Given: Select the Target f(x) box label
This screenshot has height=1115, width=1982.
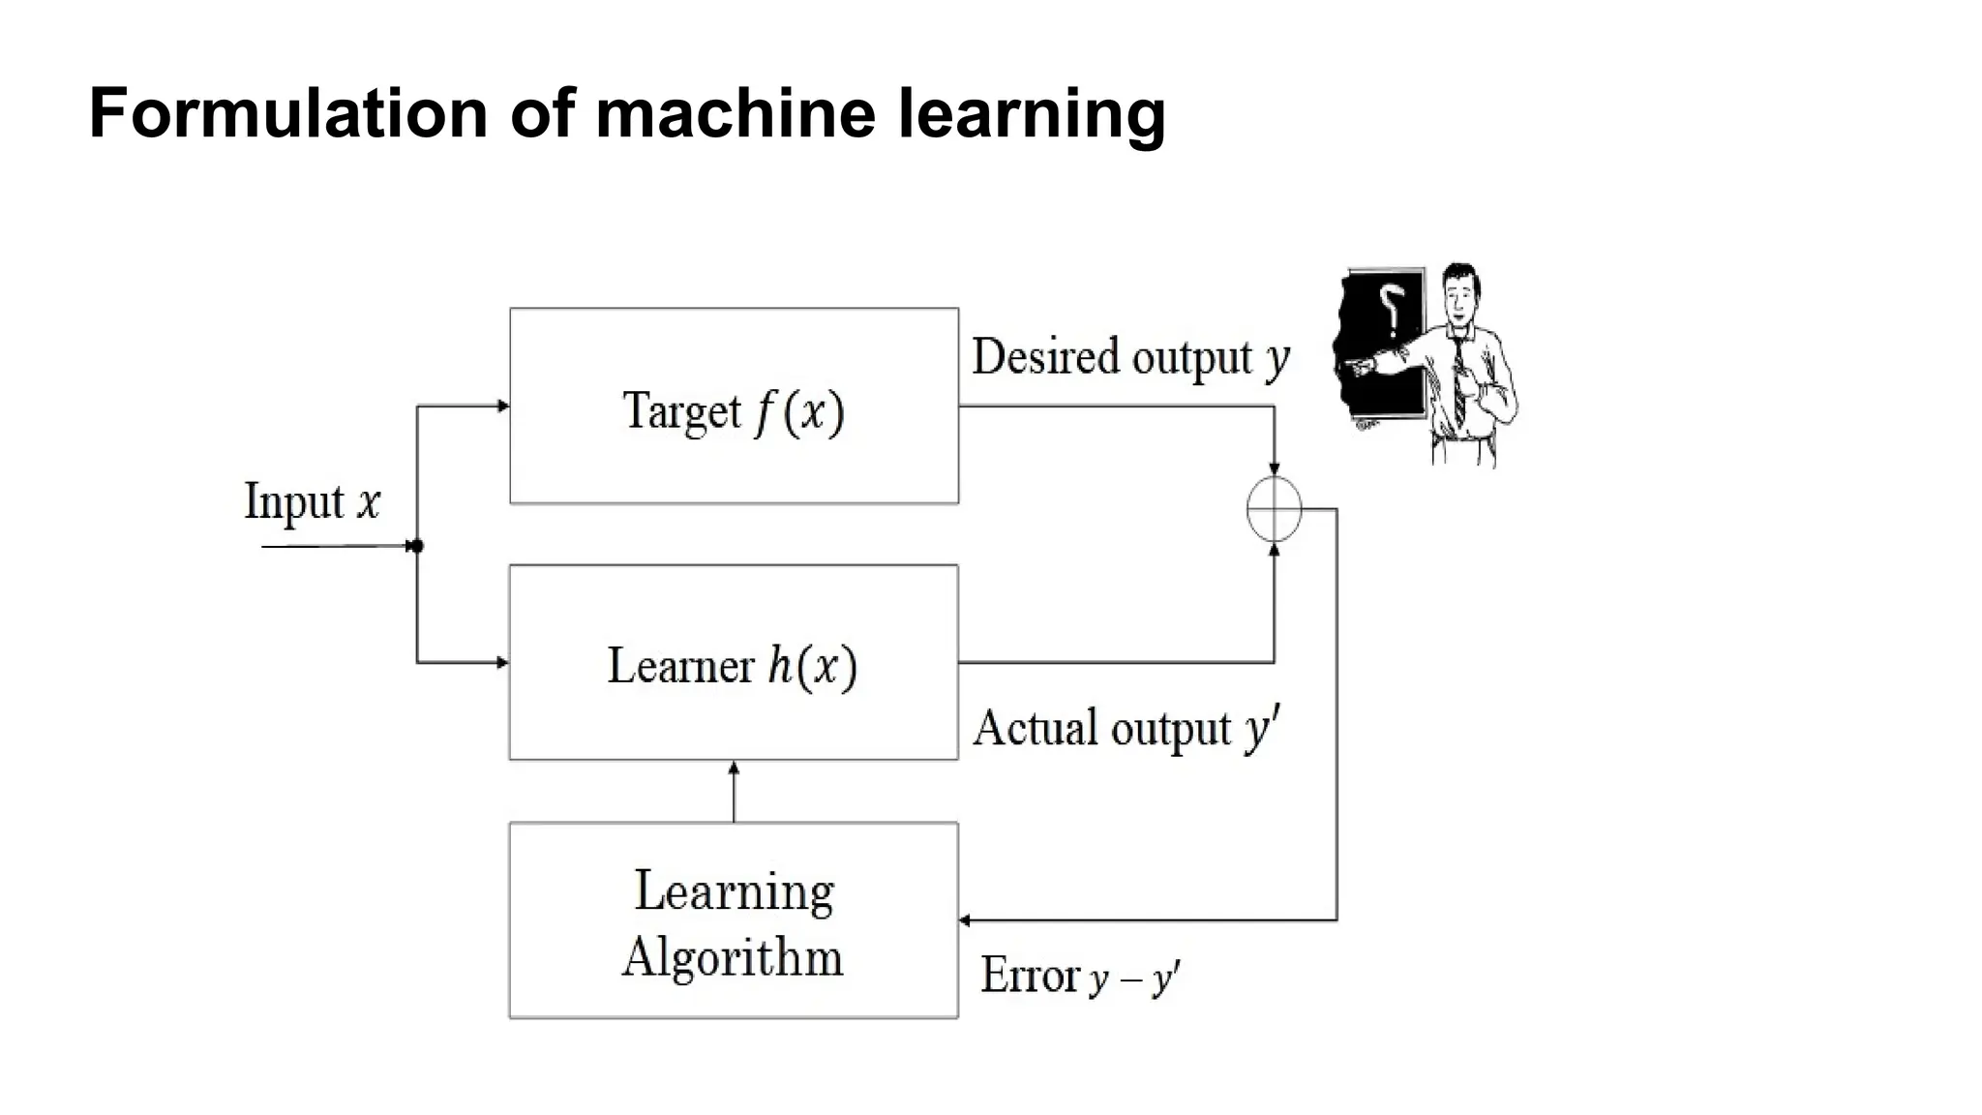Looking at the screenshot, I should point(734,410).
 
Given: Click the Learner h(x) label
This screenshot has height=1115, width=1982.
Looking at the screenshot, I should point(733,666).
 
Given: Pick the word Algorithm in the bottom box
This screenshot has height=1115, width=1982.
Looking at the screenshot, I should point(733,957).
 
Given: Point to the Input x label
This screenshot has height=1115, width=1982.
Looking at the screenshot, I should point(312,501).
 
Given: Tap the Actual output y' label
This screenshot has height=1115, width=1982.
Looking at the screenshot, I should point(1126,728).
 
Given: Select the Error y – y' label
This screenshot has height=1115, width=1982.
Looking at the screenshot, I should point(1079,976).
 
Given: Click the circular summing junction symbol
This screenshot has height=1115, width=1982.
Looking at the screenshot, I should point(1274,509).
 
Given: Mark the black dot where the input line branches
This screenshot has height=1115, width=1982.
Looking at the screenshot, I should point(417,546).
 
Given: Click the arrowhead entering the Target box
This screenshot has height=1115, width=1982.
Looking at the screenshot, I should point(502,407).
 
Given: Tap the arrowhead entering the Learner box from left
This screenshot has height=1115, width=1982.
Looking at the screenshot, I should point(502,663).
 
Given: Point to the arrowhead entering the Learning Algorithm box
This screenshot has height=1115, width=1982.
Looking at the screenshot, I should point(965,919).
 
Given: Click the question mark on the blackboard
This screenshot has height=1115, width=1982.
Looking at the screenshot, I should point(1392,307).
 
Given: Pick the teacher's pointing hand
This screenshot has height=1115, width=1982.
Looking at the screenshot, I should point(1358,366).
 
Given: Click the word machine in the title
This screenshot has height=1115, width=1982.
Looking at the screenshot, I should point(736,114).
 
